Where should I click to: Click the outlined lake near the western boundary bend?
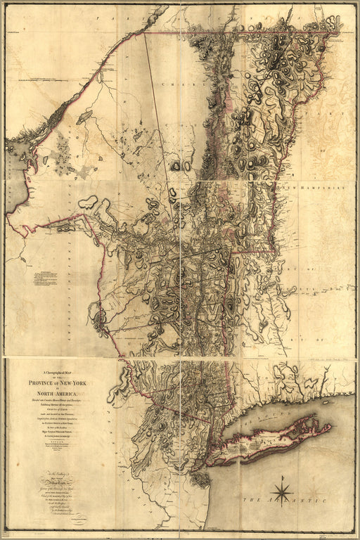(89, 203)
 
